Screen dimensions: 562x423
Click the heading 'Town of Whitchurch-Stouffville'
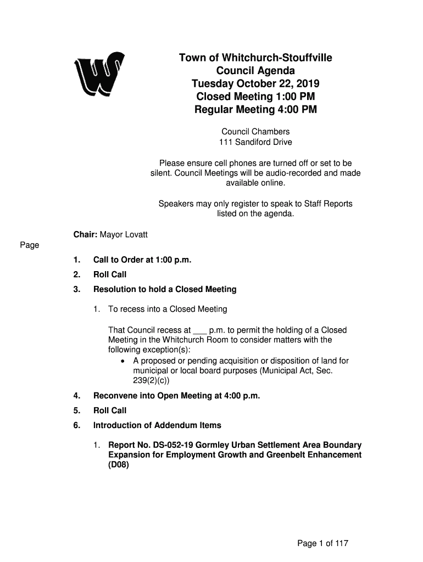(255, 58)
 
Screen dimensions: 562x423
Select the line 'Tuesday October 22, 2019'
(255, 84)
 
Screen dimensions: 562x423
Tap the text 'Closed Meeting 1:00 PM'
(255, 97)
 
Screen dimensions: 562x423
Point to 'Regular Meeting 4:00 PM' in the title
(255, 110)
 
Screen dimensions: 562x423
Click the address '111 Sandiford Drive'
(255, 142)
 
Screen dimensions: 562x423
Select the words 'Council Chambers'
(255, 132)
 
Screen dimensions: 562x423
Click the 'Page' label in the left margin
(30, 245)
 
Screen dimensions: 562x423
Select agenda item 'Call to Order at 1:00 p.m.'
(142, 260)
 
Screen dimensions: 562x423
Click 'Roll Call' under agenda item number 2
(110, 274)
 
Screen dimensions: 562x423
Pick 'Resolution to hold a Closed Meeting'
(165, 289)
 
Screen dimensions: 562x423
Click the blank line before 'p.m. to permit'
(200, 331)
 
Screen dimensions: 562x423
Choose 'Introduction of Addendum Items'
(157, 425)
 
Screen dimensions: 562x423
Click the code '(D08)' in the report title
(119, 465)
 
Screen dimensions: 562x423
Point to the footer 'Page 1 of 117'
(323, 543)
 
